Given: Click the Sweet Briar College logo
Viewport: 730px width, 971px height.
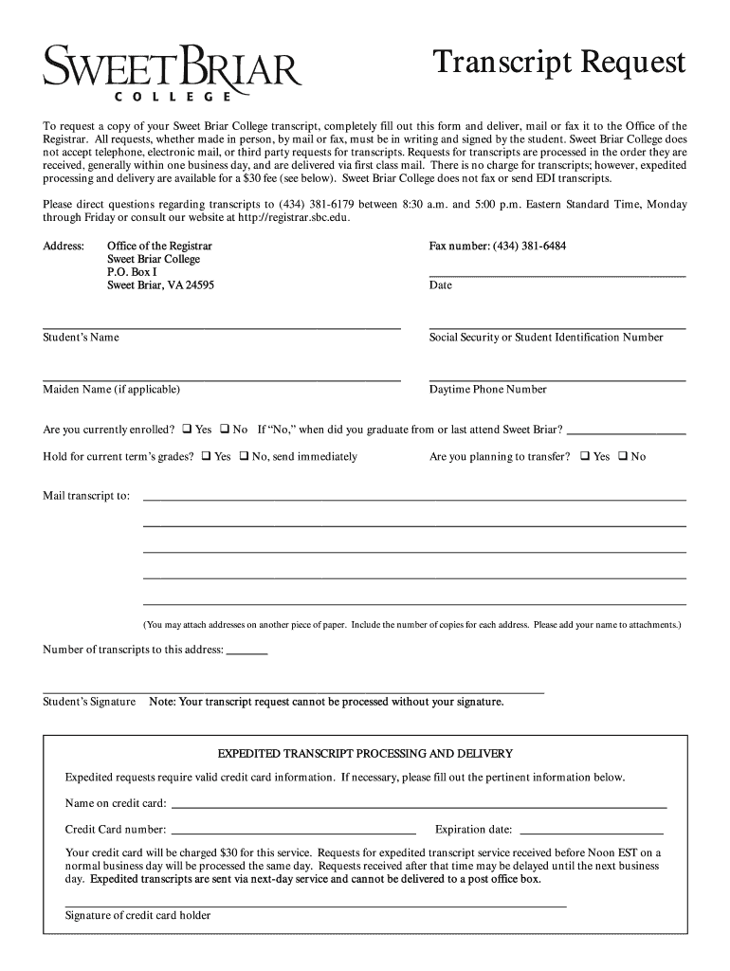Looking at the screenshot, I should click(172, 73).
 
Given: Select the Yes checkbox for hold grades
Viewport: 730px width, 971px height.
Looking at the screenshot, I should click(206, 456).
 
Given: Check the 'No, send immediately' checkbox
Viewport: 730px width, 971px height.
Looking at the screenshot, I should click(244, 456).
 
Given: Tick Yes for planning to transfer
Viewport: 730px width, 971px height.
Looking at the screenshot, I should click(585, 456).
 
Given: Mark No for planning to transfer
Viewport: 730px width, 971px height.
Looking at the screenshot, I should click(623, 456).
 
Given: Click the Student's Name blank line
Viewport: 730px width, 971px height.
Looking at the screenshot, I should click(222, 327).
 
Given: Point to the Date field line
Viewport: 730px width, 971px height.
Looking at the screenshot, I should click(557, 275).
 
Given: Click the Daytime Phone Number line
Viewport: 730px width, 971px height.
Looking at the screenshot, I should click(557, 379).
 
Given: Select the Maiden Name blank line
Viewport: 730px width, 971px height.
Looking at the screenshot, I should click(222, 379).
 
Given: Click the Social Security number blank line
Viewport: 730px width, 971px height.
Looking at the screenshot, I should click(557, 327).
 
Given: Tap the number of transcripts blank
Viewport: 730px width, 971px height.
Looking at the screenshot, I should click(247, 653).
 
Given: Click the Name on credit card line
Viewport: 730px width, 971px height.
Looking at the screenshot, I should click(418, 806).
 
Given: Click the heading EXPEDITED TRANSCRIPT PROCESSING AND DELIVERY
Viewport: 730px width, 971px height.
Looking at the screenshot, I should click(365, 754).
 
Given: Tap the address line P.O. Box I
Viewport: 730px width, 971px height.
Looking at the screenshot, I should click(132, 272).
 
